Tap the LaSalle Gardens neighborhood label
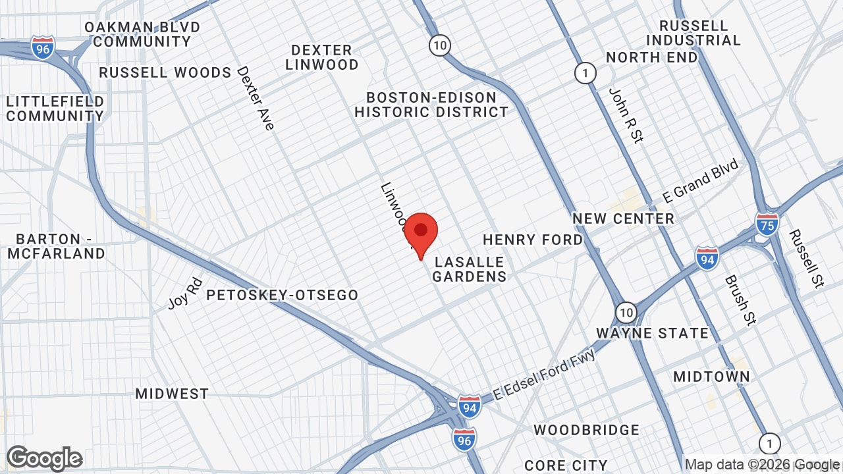[x=469, y=269]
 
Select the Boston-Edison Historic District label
[x=431, y=105]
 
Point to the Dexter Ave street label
[x=256, y=97]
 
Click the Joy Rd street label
[x=185, y=293]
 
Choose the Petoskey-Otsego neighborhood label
[x=282, y=296]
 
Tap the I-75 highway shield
[x=767, y=223]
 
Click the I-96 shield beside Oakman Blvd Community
[x=42, y=48]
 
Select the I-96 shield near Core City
[x=464, y=438]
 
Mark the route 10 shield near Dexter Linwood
[x=440, y=45]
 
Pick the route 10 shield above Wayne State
[x=626, y=311]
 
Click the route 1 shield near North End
[x=585, y=72]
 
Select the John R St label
[x=626, y=115]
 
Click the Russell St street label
[x=806, y=258]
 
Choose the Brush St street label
[x=740, y=300]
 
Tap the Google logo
[x=45, y=458]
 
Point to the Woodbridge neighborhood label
[x=586, y=430]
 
